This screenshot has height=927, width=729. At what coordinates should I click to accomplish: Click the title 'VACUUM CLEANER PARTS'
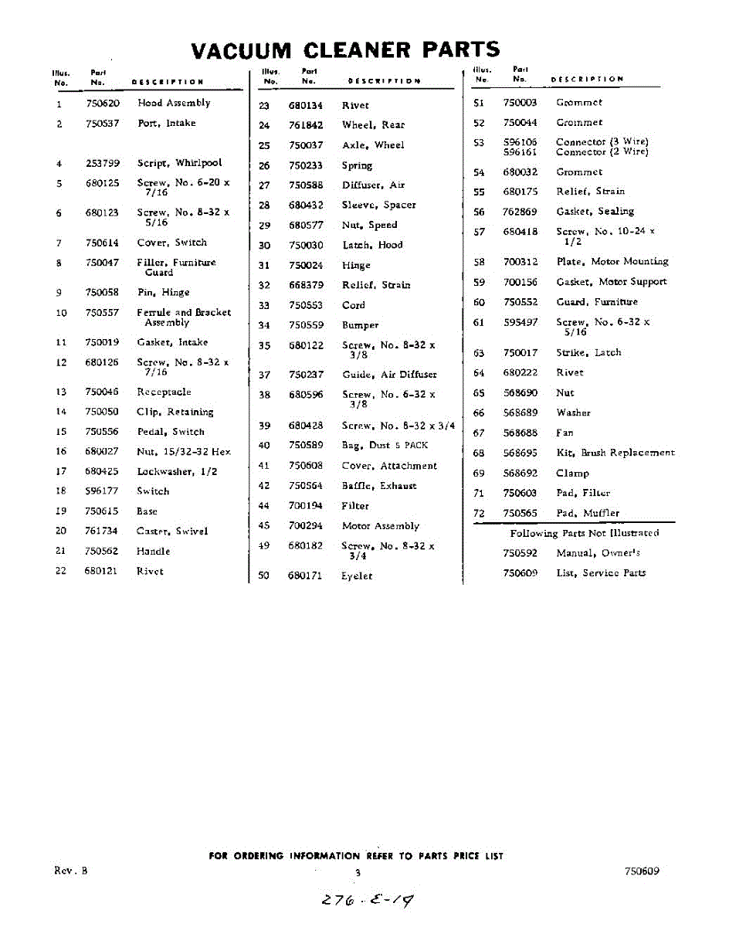point(345,50)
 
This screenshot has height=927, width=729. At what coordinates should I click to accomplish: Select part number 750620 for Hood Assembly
point(102,103)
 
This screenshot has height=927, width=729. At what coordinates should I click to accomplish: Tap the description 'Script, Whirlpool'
point(179,163)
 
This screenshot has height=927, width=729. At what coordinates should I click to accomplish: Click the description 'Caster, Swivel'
point(171,531)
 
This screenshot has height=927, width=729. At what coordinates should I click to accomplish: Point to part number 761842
point(306,125)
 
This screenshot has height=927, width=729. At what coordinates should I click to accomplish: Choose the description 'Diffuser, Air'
point(373,185)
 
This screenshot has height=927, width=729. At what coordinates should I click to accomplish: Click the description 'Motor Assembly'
point(380,526)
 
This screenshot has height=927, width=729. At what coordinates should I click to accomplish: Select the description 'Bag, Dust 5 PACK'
point(384,446)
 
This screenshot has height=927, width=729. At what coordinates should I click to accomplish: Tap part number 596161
point(520,152)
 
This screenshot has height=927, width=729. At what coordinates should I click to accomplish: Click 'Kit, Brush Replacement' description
point(615,453)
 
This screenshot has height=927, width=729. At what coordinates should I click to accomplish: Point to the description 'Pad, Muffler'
point(587,513)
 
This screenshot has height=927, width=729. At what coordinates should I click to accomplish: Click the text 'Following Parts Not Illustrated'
point(584,533)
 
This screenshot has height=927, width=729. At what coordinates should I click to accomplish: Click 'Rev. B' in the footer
point(70,870)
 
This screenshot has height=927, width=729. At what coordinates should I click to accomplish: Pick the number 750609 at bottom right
point(642,871)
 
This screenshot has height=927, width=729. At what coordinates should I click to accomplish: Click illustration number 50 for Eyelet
point(263,576)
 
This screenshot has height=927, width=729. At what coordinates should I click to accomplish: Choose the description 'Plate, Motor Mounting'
point(612,262)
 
